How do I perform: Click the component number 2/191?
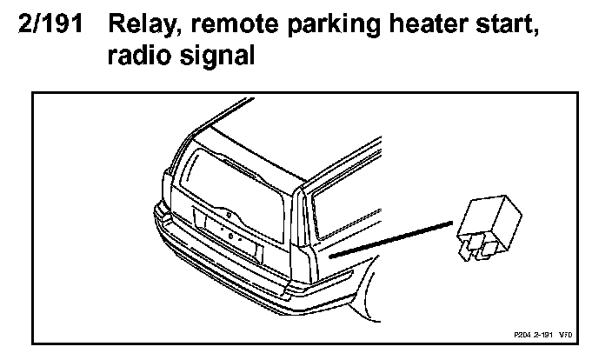pyautogui.click(x=53, y=27)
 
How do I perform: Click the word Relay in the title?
pyautogui.click(x=141, y=28)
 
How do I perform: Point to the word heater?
pyautogui.click(x=416, y=28)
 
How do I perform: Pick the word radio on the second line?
pyautogui.click(x=136, y=57)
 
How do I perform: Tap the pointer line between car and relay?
pyautogui.click(x=391, y=239)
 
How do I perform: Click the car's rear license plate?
pyautogui.click(x=229, y=236)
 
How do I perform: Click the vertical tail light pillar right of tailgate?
pyautogui.click(x=304, y=235)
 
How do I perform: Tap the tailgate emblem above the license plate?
pyautogui.click(x=228, y=211)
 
